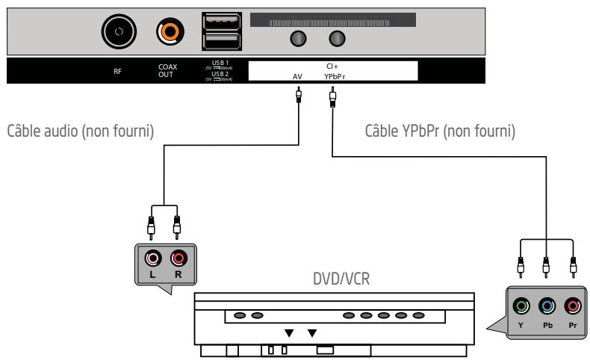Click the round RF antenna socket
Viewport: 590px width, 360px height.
[x=119, y=31]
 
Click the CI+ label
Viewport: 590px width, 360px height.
[x=329, y=66]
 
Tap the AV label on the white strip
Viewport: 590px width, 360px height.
[x=298, y=76]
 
